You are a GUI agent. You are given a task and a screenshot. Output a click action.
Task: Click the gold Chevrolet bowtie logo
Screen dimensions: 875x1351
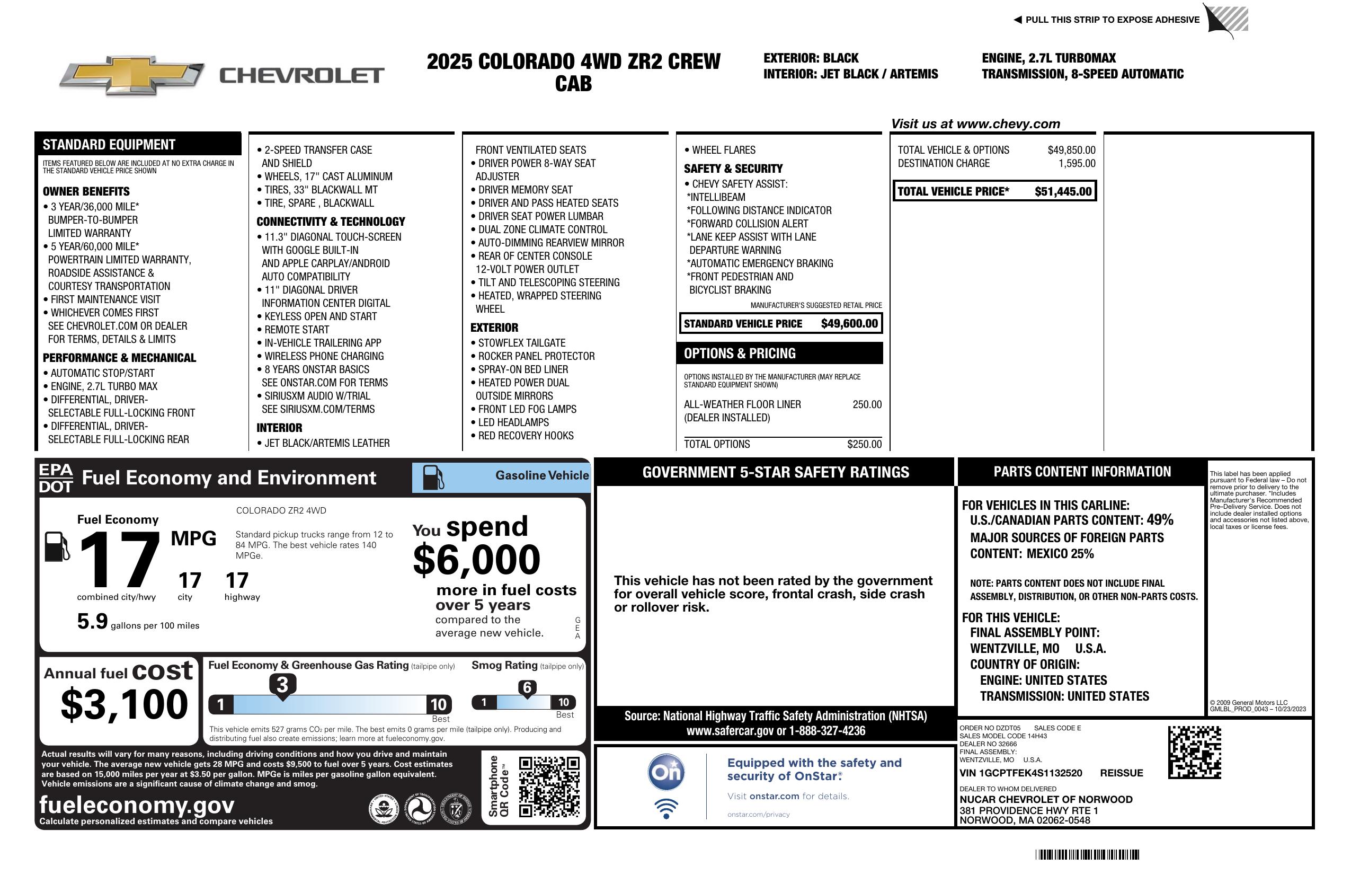click(132, 75)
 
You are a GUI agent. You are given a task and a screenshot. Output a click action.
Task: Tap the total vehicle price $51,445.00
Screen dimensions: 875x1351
click(1062, 191)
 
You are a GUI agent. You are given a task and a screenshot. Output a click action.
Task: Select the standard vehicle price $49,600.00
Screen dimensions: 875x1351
click(849, 324)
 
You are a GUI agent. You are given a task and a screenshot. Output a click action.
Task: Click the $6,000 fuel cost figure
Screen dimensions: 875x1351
click(476, 560)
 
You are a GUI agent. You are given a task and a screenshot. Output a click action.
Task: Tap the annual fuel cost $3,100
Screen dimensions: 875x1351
click(125, 704)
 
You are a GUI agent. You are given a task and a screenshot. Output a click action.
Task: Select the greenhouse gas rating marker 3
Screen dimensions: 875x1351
click(282, 685)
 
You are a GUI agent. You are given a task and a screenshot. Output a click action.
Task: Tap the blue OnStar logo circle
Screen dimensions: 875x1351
click(666, 772)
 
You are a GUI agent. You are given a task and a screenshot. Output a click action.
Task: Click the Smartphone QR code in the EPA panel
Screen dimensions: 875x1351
click(549, 787)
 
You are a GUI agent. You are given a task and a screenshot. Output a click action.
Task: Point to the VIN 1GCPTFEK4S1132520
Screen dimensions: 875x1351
click(1020, 773)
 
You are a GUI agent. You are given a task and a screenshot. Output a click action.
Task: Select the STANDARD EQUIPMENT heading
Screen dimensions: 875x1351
click(109, 144)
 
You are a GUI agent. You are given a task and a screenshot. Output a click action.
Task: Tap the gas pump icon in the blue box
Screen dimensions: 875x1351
click(433, 477)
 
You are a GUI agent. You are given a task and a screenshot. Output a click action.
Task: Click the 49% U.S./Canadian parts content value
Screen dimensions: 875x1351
click(1159, 519)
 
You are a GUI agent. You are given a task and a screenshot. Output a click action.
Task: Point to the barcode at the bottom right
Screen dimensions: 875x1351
click(1087, 854)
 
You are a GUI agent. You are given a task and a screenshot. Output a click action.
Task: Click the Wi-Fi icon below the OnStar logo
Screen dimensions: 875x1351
click(666, 809)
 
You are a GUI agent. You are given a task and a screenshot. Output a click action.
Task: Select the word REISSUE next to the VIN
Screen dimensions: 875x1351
click(1121, 773)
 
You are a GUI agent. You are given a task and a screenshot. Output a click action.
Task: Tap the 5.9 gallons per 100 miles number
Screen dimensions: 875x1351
click(93, 621)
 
